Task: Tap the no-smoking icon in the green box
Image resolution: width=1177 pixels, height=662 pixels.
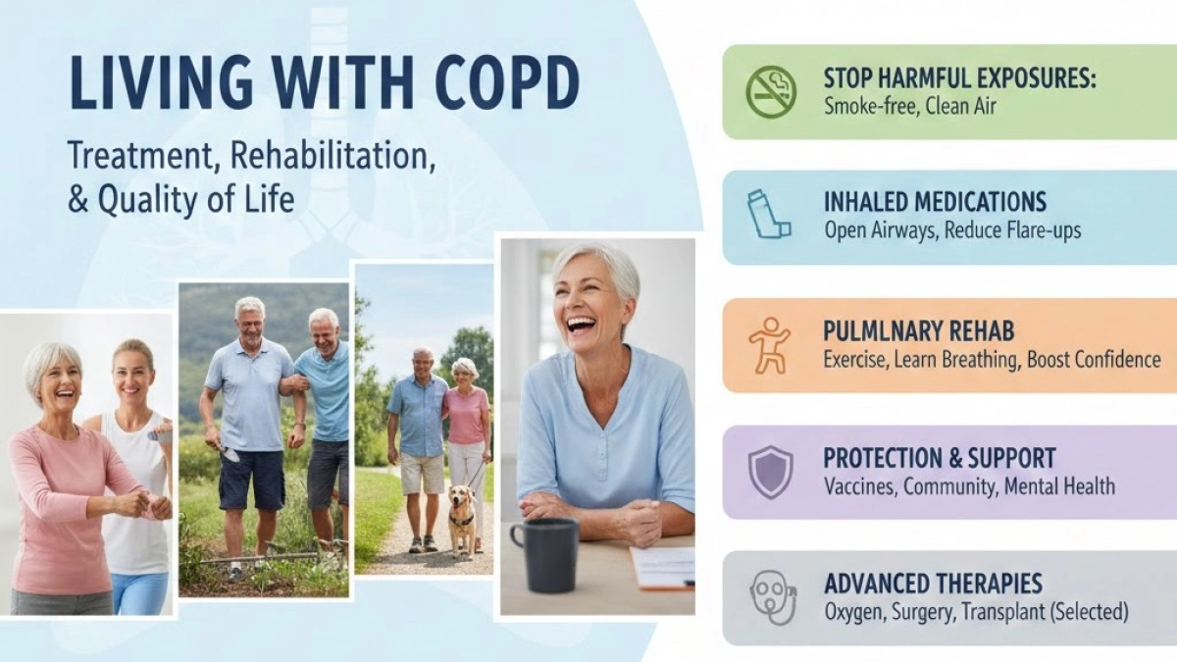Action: (x=771, y=92)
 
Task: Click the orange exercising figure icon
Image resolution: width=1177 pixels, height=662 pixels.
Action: (x=769, y=345)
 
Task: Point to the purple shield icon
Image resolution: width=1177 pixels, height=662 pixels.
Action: (x=770, y=472)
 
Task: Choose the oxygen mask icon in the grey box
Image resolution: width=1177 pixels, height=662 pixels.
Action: (x=771, y=596)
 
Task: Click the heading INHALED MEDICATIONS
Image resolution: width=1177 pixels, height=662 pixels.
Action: (x=935, y=202)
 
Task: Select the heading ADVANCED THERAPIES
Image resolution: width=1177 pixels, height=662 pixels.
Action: (x=933, y=584)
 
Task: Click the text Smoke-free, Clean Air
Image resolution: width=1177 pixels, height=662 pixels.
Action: (x=910, y=105)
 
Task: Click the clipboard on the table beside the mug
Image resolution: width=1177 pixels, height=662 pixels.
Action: (x=663, y=566)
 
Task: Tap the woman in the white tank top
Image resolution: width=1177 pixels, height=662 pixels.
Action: (x=138, y=461)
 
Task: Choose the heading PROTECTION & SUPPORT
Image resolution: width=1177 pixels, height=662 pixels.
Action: (x=940, y=458)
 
